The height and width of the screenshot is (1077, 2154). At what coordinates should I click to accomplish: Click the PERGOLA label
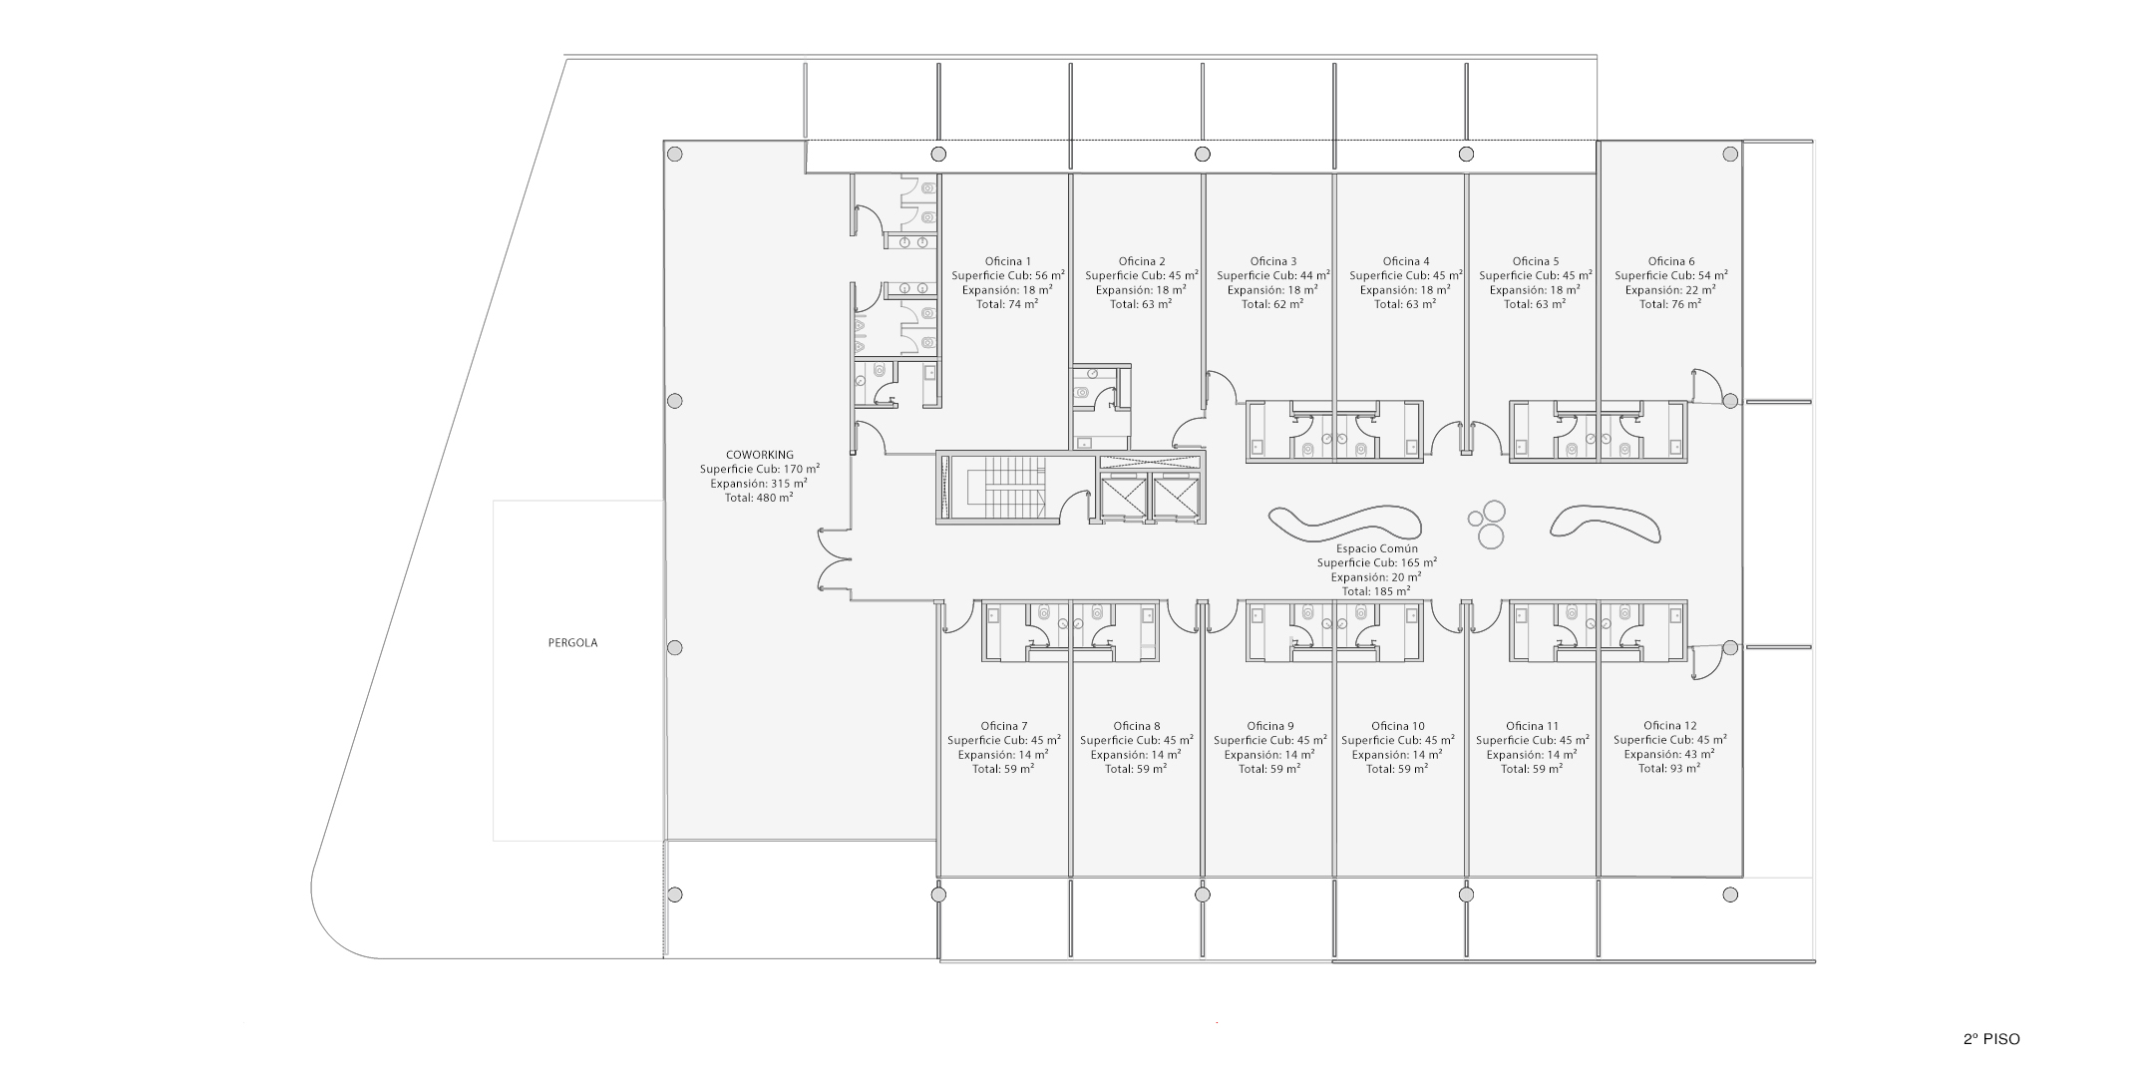(x=572, y=643)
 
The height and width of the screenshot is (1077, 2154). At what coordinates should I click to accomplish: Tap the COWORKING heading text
(x=760, y=455)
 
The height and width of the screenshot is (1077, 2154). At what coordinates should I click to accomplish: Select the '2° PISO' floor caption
(x=1991, y=1039)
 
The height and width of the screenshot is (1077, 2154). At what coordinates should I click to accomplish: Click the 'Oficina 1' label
(x=1008, y=261)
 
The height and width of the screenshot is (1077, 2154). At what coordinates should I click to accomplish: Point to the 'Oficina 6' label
(x=1671, y=261)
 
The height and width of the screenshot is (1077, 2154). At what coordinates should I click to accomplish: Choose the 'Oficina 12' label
(x=1669, y=726)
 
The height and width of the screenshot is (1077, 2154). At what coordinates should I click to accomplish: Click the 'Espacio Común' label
(x=1376, y=548)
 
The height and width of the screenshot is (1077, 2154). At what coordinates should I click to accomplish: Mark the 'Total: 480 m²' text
(x=759, y=497)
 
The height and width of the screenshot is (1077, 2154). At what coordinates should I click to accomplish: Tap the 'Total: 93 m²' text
(x=1669, y=768)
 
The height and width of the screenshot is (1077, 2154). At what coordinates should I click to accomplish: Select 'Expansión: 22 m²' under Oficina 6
(x=1671, y=289)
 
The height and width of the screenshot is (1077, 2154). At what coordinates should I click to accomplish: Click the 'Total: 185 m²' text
(x=1376, y=590)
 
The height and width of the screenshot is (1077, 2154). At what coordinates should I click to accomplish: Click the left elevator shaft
(x=1124, y=497)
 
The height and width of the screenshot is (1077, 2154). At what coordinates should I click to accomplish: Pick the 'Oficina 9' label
(x=1270, y=726)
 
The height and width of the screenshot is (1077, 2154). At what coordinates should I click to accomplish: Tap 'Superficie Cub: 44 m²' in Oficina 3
(x=1273, y=275)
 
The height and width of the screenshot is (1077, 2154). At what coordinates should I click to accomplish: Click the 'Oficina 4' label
(x=1406, y=261)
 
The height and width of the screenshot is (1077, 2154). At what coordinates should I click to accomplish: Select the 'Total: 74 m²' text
(x=1008, y=303)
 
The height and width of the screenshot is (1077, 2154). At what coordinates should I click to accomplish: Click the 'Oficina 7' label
(x=1004, y=726)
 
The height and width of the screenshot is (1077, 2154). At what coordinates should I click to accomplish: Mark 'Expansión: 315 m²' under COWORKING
(x=759, y=483)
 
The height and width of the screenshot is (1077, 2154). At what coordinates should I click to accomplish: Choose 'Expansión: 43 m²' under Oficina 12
(x=1669, y=754)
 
